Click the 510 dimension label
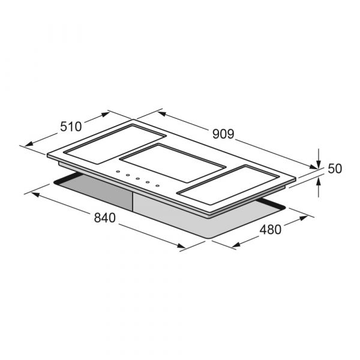point(71,127)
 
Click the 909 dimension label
point(223,134)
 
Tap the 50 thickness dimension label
point(335,169)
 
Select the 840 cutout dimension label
point(104,218)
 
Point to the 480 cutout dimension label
point(271,230)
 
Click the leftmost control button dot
point(118,172)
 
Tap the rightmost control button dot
point(157,185)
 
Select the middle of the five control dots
point(138,178)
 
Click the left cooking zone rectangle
point(115,144)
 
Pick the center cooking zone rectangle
point(173,163)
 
